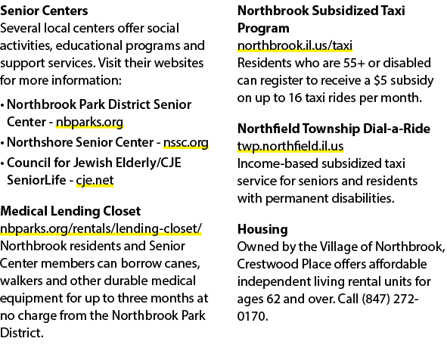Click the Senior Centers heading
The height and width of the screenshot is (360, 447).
[x=44, y=11]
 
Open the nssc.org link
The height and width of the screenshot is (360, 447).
[x=186, y=142]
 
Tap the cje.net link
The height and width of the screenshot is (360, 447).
[x=95, y=181]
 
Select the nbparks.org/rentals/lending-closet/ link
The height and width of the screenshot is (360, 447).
[x=101, y=229]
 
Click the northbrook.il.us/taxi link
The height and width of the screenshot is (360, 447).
[x=295, y=45]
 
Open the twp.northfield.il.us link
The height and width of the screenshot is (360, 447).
[x=290, y=146]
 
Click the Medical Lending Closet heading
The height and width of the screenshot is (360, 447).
[x=70, y=211]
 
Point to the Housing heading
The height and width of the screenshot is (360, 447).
[x=262, y=229]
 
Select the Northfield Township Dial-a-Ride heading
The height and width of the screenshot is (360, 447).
[x=334, y=129]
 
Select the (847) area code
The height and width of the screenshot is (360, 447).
[x=376, y=299]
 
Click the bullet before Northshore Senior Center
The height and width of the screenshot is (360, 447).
[x=2, y=143]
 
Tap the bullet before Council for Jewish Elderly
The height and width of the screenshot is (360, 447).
[x=2, y=163]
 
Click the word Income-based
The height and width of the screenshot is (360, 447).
[x=278, y=164]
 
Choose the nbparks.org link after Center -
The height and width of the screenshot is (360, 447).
[x=89, y=123]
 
